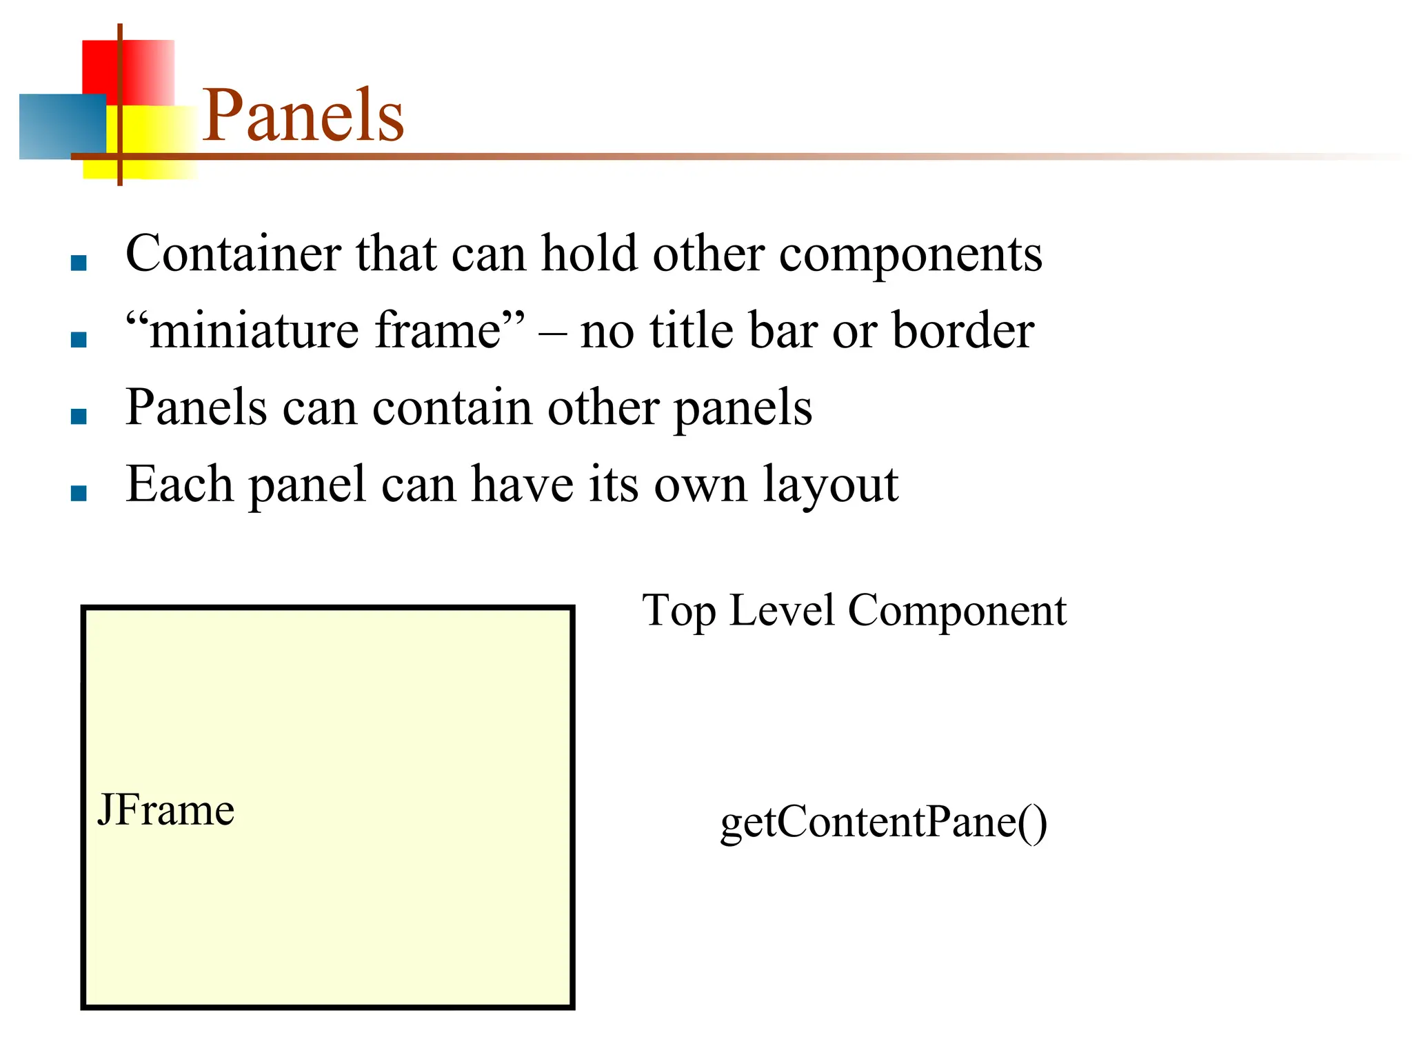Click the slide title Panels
(303, 116)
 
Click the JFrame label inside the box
(166, 810)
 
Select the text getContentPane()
(883, 822)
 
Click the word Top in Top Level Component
(679, 611)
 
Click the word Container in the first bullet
(233, 253)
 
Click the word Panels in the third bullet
(196, 407)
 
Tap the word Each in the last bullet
(179, 484)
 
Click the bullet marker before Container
(79, 263)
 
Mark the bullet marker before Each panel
(79, 493)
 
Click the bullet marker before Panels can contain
(79, 416)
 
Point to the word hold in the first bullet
(589, 253)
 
